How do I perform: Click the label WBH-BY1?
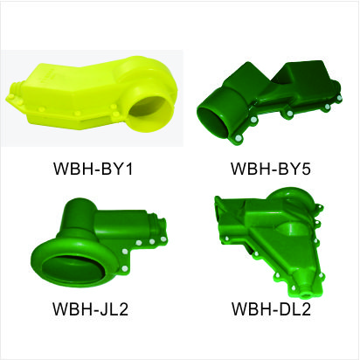[93, 169]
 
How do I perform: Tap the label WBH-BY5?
[271, 169]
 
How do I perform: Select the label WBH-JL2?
[90, 309]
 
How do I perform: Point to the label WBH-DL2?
[271, 309]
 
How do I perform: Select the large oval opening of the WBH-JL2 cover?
[73, 265]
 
